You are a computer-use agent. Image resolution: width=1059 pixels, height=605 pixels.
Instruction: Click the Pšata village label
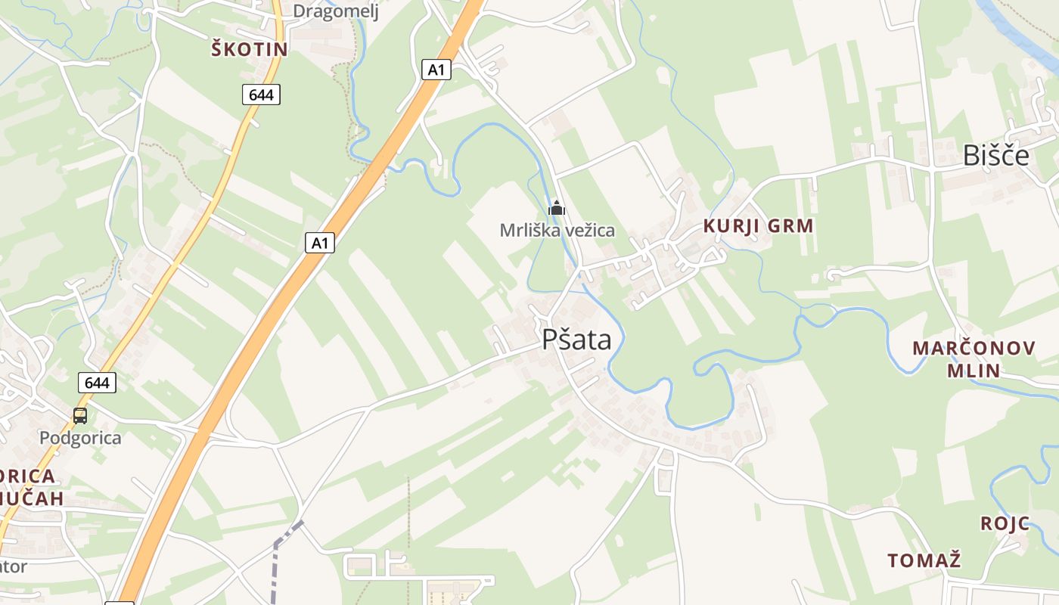(576, 340)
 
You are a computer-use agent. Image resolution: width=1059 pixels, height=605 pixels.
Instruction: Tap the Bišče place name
(995, 155)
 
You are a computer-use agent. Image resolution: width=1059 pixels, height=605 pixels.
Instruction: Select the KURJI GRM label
(758, 225)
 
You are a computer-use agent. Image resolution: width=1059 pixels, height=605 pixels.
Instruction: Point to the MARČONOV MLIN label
(973, 359)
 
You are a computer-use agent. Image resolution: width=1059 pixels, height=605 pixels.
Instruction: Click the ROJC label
(1005, 523)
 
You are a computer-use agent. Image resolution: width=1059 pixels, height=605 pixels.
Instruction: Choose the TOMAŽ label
(924, 560)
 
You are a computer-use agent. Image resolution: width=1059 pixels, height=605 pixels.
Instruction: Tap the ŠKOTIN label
(249, 50)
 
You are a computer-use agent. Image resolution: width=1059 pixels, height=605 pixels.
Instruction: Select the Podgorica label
(79, 438)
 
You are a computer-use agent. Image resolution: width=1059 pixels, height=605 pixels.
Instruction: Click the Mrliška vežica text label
(557, 230)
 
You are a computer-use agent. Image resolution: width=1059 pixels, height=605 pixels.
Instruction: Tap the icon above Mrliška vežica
(557, 207)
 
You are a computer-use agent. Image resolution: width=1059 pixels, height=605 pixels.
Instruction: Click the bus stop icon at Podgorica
(79, 415)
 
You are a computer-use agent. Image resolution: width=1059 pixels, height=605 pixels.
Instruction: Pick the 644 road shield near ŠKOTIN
(261, 95)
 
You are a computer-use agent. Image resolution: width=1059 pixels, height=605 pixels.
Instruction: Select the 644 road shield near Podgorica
(97, 383)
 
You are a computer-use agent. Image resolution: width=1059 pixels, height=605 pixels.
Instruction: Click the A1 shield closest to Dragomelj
(436, 70)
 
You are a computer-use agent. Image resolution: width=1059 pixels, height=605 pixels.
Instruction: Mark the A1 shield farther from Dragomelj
(319, 243)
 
